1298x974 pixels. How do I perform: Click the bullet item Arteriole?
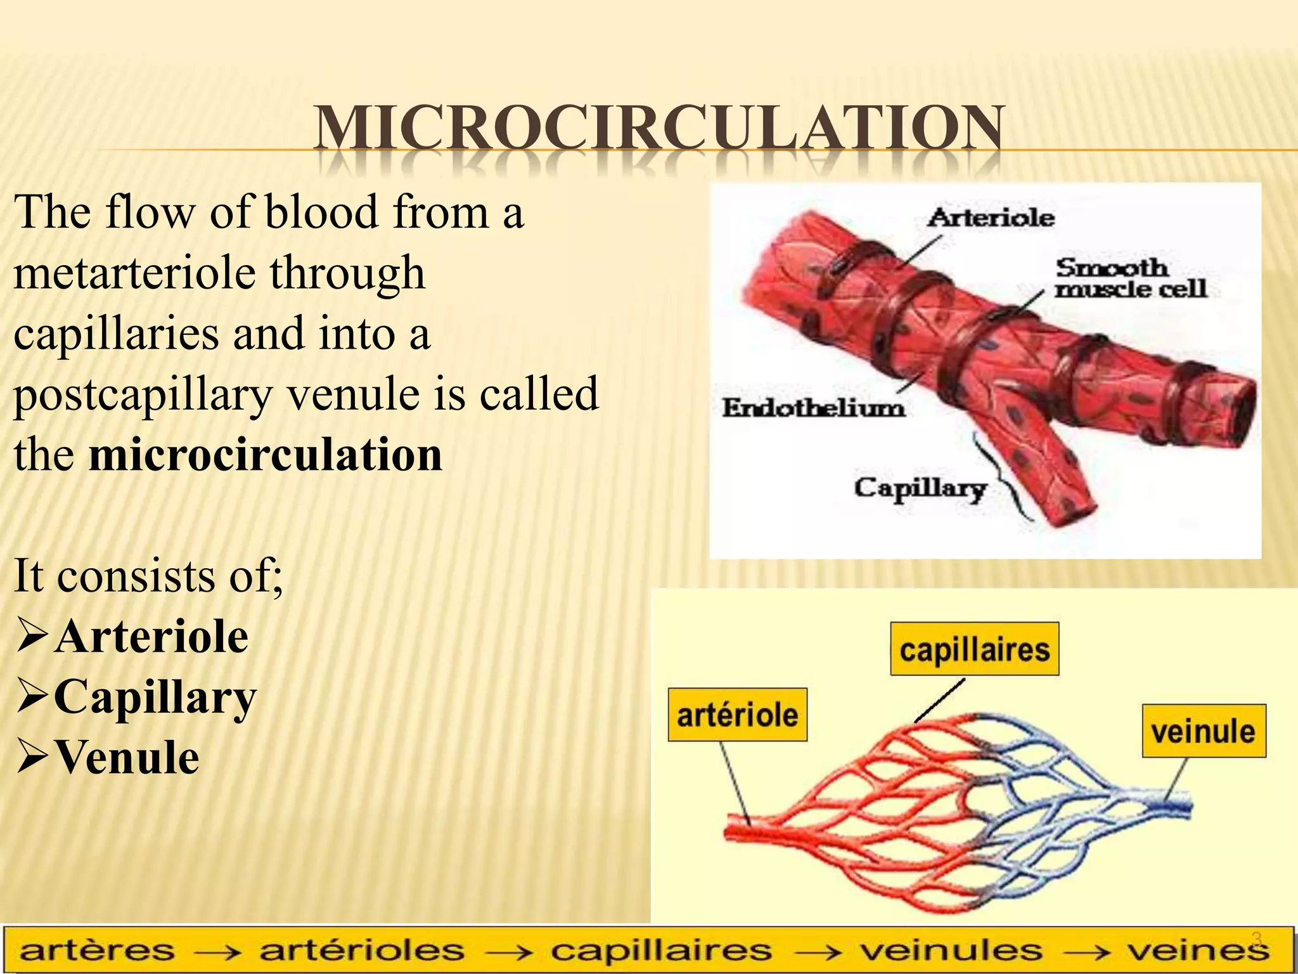(x=151, y=637)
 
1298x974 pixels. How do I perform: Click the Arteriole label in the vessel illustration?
(x=990, y=218)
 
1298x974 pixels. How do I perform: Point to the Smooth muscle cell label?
(x=1129, y=278)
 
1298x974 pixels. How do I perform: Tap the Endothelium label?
(x=814, y=408)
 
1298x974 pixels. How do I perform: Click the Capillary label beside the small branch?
(x=919, y=488)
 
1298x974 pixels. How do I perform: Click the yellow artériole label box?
(x=738, y=715)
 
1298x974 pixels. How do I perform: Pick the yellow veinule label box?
(x=1203, y=731)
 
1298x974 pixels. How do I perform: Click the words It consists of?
(x=148, y=576)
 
